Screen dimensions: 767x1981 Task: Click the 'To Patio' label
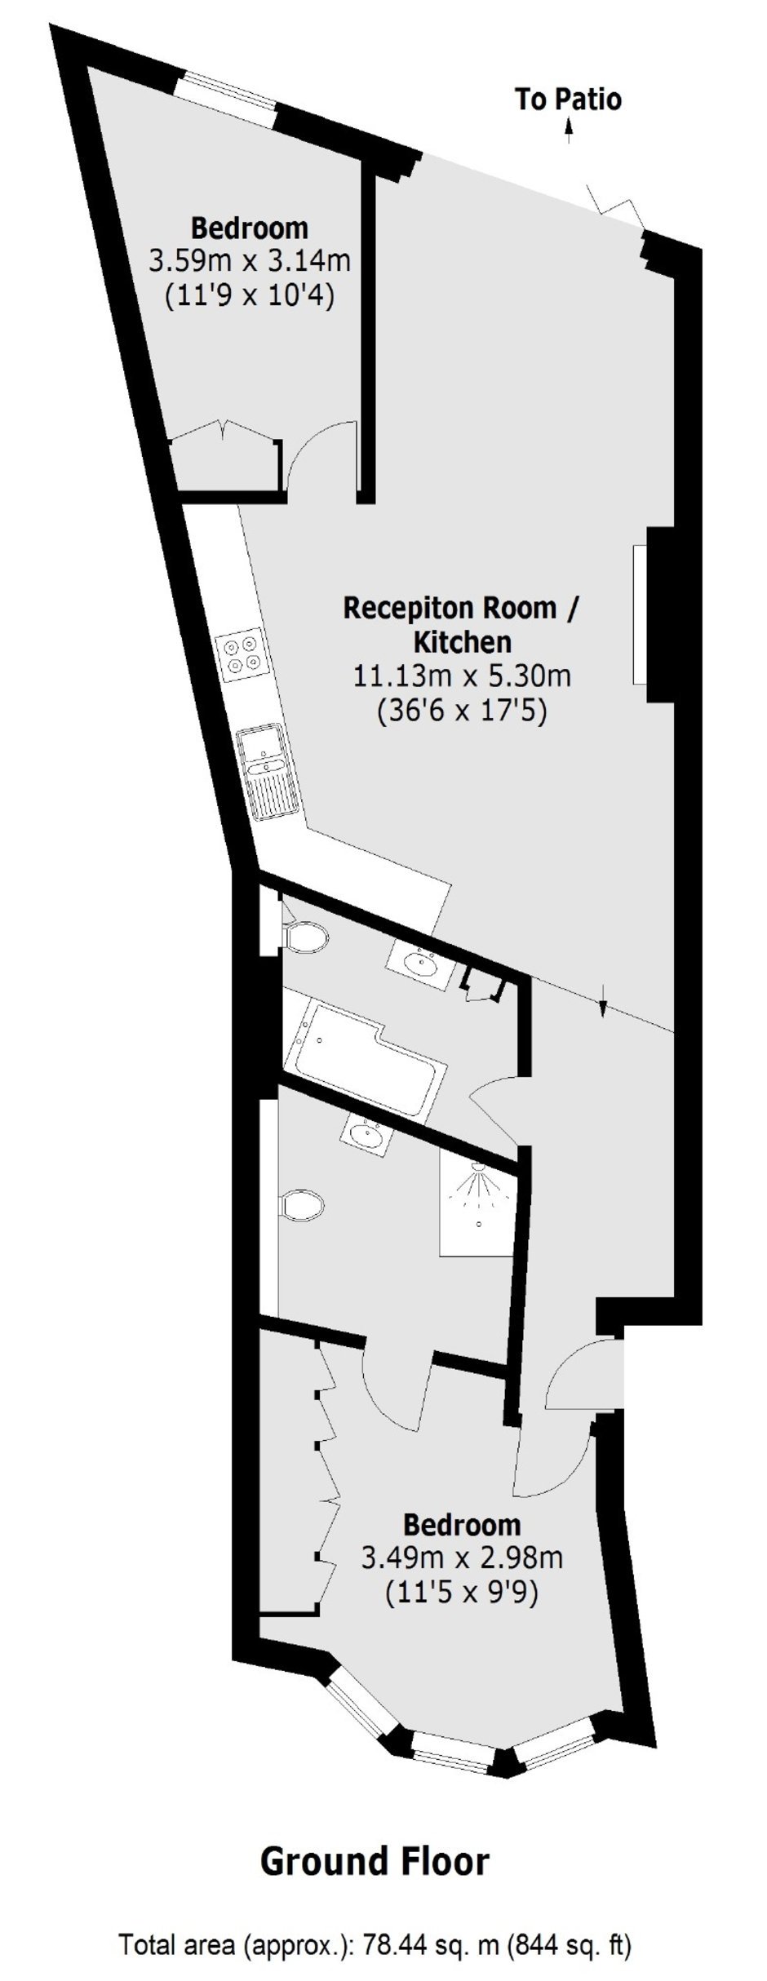click(568, 100)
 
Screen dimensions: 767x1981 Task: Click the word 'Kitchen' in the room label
click(463, 642)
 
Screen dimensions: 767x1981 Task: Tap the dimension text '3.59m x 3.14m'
click(249, 261)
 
